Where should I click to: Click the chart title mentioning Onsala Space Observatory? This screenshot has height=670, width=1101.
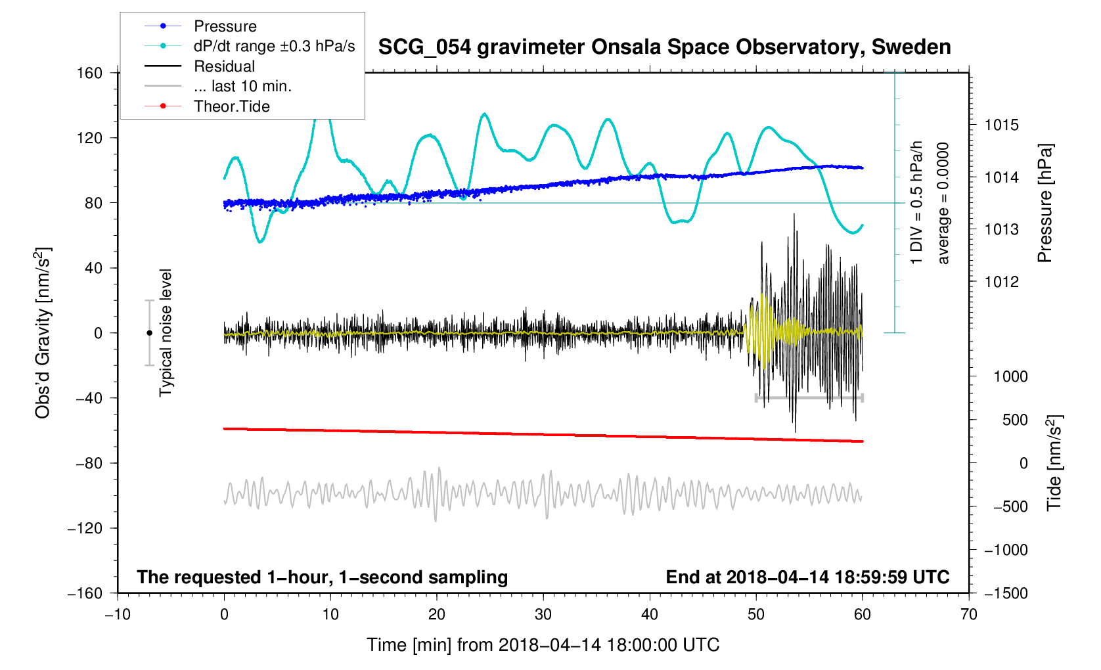664,47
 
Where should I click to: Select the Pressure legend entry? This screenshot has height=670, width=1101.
225,26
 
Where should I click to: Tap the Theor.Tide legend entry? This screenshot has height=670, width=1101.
231,106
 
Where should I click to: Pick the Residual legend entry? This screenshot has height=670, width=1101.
224,66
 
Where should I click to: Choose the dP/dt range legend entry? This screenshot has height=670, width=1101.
274,46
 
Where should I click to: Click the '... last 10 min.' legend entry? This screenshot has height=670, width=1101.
242,86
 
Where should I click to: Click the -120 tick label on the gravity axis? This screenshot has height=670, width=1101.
85,528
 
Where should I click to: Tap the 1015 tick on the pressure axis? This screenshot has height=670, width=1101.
1001,125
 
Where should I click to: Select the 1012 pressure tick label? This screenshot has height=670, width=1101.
1001,282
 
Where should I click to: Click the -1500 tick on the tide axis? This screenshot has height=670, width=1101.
1006,593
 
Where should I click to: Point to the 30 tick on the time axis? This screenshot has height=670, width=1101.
543,615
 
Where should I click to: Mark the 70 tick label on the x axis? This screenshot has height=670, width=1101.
969,615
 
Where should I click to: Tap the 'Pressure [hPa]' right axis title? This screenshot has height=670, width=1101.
1045,204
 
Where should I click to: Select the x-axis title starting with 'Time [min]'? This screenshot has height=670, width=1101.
543,645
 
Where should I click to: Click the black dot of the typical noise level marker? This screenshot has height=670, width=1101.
150,333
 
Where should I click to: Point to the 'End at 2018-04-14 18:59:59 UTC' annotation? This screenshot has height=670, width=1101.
807,577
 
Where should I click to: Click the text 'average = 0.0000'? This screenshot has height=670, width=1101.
944,204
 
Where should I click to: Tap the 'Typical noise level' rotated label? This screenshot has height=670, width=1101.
166,333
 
